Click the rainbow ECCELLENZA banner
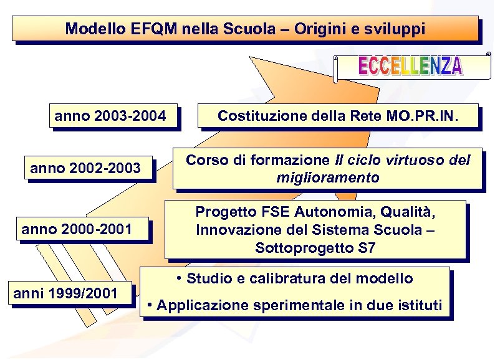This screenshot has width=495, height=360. (410, 66)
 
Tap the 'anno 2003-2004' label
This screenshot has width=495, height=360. (110, 116)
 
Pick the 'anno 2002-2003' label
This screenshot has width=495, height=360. (85, 168)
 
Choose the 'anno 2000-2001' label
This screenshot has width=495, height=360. (77, 230)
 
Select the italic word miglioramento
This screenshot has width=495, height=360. (327, 178)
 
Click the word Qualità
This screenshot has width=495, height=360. (408, 211)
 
